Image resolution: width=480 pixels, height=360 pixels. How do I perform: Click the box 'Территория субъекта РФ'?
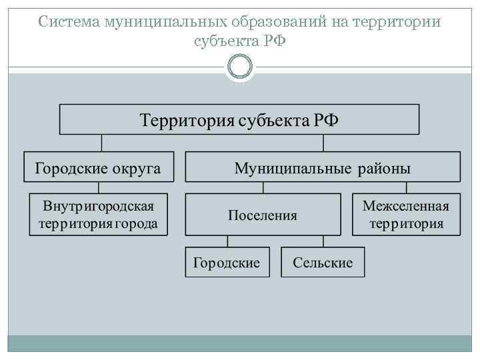(x=239, y=120)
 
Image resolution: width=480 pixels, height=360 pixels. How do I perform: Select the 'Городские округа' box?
(x=98, y=167)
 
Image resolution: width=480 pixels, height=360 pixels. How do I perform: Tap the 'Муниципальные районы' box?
(x=322, y=167)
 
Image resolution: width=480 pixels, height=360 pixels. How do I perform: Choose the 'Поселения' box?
(x=263, y=215)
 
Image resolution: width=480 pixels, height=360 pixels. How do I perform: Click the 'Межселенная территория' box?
(x=406, y=215)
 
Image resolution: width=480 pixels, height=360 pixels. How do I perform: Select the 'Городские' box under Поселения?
(x=227, y=262)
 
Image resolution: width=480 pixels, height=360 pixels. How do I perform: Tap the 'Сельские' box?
(x=323, y=262)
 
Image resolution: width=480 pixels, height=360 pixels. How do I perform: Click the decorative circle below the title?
(x=240, y=66)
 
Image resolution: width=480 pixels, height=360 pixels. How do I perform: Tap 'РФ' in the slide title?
(x=276, y=41)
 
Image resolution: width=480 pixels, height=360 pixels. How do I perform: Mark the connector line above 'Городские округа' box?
(x=101, y=143)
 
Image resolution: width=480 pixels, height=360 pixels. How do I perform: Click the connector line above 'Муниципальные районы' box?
(x=323, y=143)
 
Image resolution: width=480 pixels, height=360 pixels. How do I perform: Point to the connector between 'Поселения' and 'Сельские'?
(x=323, y=241)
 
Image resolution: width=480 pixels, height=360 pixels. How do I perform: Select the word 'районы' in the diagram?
(x=386, y=168)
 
